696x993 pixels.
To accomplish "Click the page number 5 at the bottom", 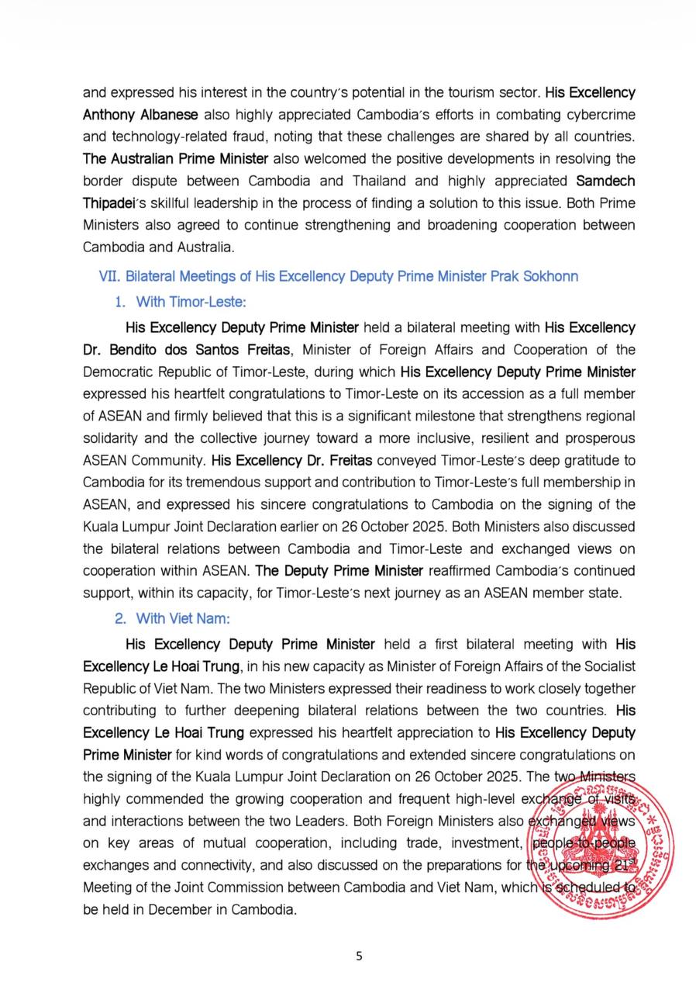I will point(359,956).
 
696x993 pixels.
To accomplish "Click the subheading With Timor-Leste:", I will point(191,302).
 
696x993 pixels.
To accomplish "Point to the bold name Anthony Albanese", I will point(140,115).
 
